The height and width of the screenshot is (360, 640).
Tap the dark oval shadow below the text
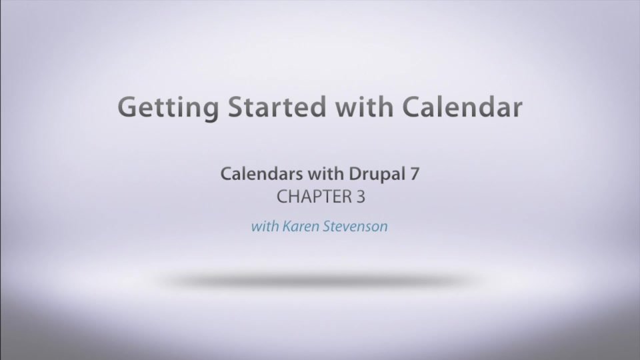pyautogui.click(x=320, y=280)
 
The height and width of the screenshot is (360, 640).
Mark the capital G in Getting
pyautogui.click(x=127, y=107)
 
